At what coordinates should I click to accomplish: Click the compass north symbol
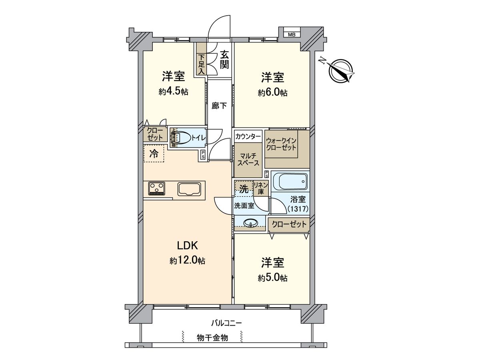[340, 71]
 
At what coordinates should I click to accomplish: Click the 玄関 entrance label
[224, 59]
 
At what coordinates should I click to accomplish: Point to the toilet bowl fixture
[182, 138]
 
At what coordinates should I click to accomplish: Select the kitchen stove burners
[156, 188]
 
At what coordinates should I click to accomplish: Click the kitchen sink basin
[190, 189]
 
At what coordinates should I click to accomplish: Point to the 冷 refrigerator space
[154, 153]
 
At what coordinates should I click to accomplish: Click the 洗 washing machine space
[244, 188]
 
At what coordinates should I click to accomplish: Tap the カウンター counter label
[248, 136]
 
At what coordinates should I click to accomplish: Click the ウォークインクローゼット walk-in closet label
[281, 144]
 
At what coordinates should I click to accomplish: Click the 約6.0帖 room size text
[272, 93]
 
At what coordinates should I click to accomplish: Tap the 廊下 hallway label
[219, 106]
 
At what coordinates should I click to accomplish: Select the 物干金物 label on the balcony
[212, 338]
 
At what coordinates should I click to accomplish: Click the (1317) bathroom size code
[298, 209]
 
